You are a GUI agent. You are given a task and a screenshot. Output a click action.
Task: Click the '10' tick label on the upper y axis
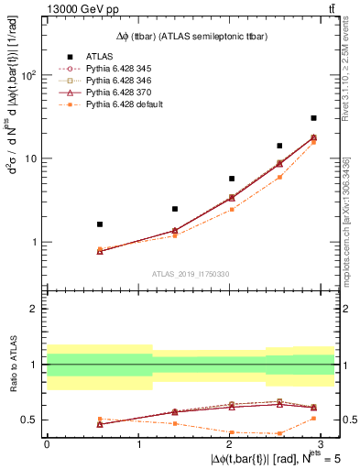pos(30,158)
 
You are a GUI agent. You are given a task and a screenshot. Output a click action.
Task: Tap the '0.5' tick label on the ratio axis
pos(28,420)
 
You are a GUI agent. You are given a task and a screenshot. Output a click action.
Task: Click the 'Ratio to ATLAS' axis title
pos(11,365)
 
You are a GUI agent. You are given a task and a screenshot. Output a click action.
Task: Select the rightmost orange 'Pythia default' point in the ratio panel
pos(313,418)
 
